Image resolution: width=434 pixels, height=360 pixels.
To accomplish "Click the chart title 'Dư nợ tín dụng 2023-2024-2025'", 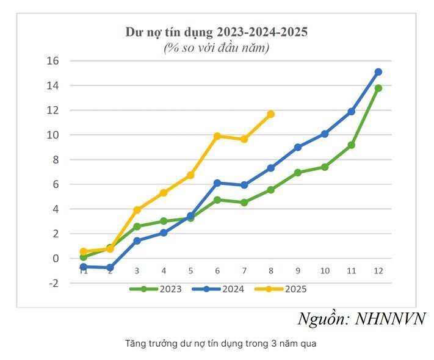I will pyautogui.click(x=216, y=31).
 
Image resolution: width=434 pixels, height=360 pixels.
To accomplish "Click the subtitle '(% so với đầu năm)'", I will pyautogui.click(x=216, y=47).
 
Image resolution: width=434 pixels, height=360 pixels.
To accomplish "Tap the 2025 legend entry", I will pyautogui.click(x=280, y=289).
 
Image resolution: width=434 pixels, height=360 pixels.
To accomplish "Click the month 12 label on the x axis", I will pyautogui.click(x=378, y=271).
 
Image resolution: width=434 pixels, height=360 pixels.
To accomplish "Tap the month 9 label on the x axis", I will pyautogui.click(x=297, y=271).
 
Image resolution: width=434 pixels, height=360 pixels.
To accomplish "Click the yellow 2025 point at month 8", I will pyautogui.click(x=270, y=114).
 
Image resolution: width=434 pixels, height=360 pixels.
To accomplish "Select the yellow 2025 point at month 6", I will pyautogui.click(x=217, y=136).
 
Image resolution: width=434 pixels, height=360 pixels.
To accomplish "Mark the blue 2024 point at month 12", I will pyautogui.click(x=378, y=72).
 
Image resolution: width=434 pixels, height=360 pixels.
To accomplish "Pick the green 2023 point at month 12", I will pyautogui.click(x=378, y=88).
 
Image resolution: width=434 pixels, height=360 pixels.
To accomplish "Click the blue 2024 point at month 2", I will pyautogui.click(x=110, y=268).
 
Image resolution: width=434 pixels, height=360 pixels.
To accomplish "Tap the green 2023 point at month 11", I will pyautogui.click(x=351, y=145).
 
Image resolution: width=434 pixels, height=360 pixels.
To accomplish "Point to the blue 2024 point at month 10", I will pyautogui.click(x=324, y=134).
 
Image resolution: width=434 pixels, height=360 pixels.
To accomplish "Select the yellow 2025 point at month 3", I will pyautogui.click(x=137, y=210).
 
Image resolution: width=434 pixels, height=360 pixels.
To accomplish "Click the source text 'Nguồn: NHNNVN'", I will pyautogui.click(x=361, y=319).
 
